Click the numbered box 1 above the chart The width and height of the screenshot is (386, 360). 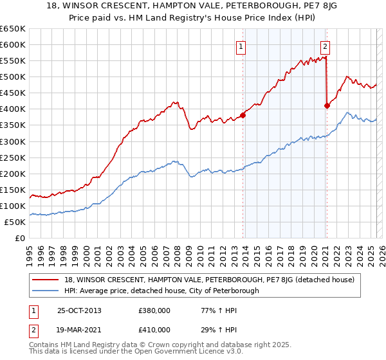[240, 46]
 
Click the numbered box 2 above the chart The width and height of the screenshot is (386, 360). [326, 46]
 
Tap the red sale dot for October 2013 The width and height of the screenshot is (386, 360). [243, 116]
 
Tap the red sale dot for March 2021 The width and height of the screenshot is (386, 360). [327, 106]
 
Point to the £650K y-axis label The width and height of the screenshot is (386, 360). [13, 29]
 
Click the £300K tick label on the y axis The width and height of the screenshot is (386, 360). [13, 141]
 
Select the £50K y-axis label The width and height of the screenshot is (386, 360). [15, 222]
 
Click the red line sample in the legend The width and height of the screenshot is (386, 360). [46, 280]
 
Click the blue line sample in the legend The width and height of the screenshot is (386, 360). [46, 291]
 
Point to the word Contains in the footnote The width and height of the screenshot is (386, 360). [45, 346]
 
